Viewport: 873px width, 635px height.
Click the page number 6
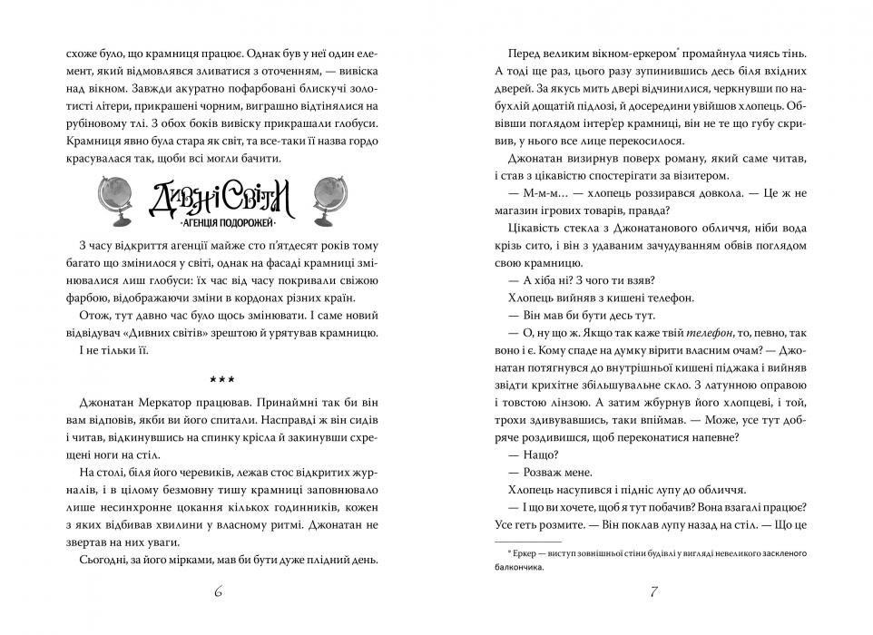[219, 593]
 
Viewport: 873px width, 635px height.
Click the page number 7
[653, 593]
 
